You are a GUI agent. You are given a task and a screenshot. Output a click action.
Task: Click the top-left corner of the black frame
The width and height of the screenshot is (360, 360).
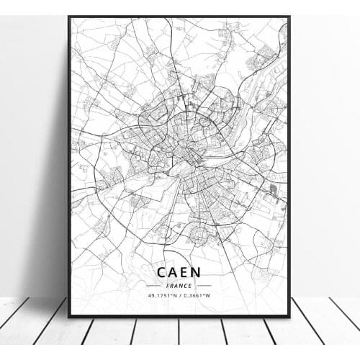(x=69, y=17)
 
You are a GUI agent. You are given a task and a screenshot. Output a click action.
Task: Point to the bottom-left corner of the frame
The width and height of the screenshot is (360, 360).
(x=69, y=316)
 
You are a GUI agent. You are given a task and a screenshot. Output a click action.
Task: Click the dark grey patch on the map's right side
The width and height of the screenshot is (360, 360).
(x=273, y=191)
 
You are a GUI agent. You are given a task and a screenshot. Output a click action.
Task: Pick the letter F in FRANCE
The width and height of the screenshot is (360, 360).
(x=168, y=286)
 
